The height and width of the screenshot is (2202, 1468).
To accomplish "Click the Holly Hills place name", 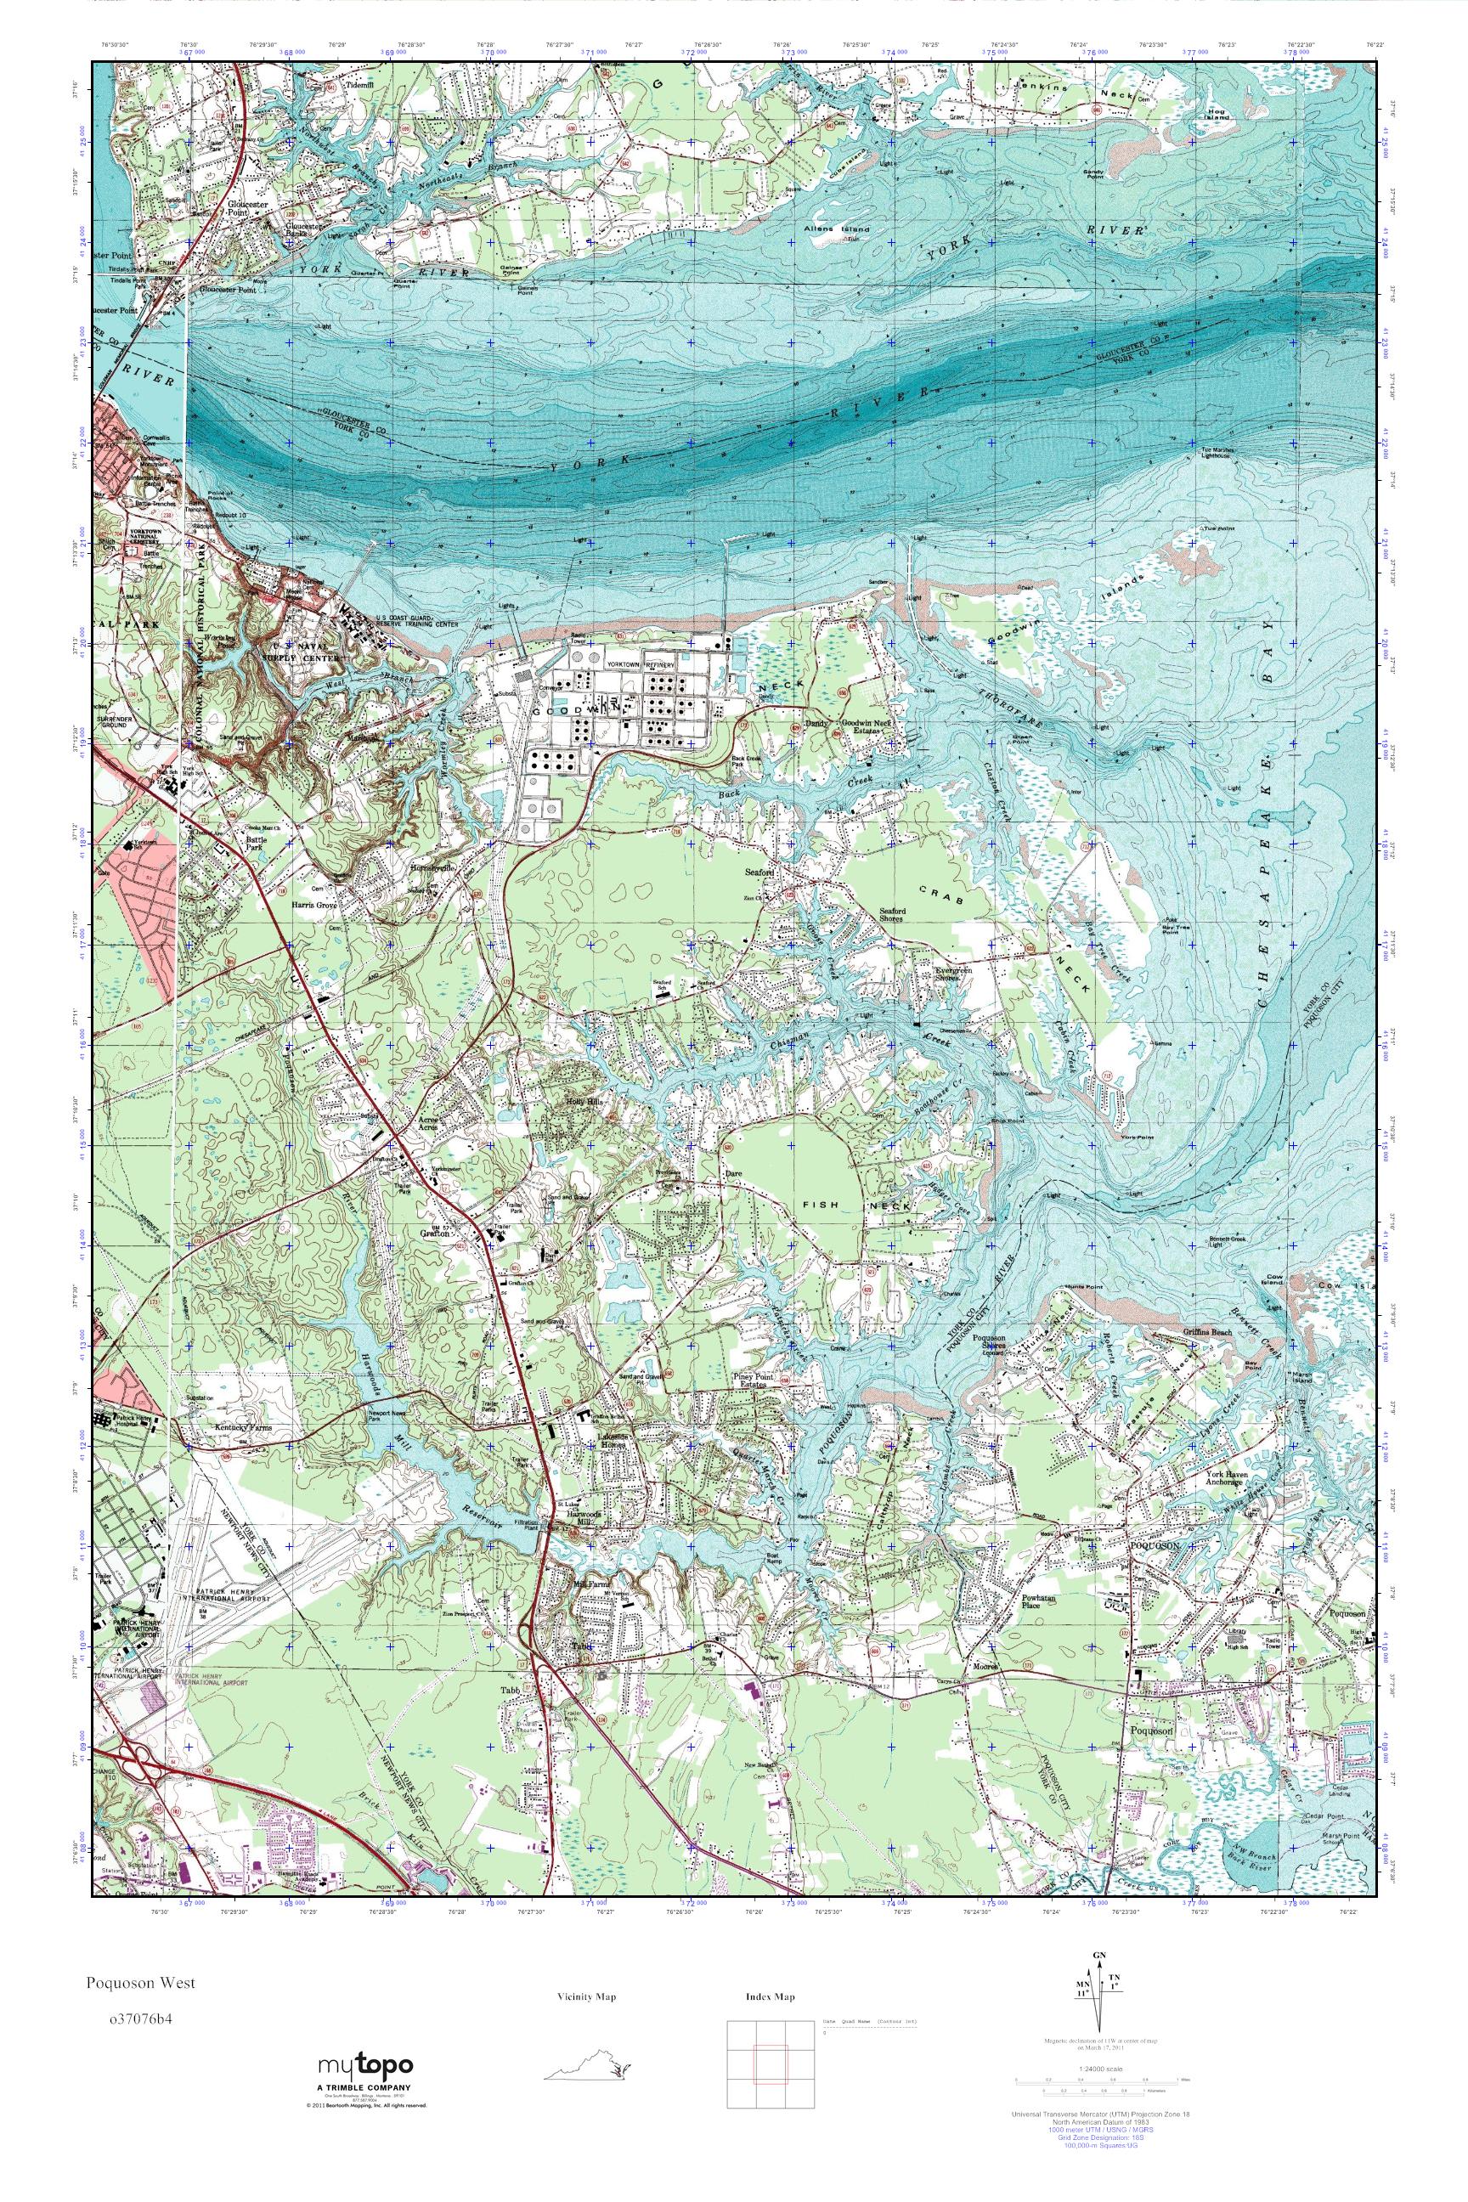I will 586,1102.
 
